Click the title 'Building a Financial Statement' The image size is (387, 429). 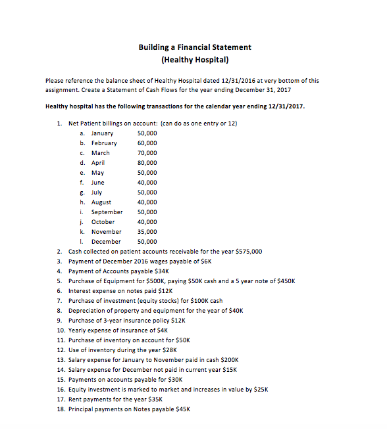coord(194,47)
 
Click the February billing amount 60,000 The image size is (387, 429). coord(147,143)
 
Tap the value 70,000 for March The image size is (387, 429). coord(147,152)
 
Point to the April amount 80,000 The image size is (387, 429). coord(147,162)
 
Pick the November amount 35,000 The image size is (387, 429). coord(147,231)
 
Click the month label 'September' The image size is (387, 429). coord(107,212)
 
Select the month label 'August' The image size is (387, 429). coord(101,202)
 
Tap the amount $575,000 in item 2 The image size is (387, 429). coord(249,251)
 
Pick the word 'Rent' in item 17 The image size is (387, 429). coord(75,399)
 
